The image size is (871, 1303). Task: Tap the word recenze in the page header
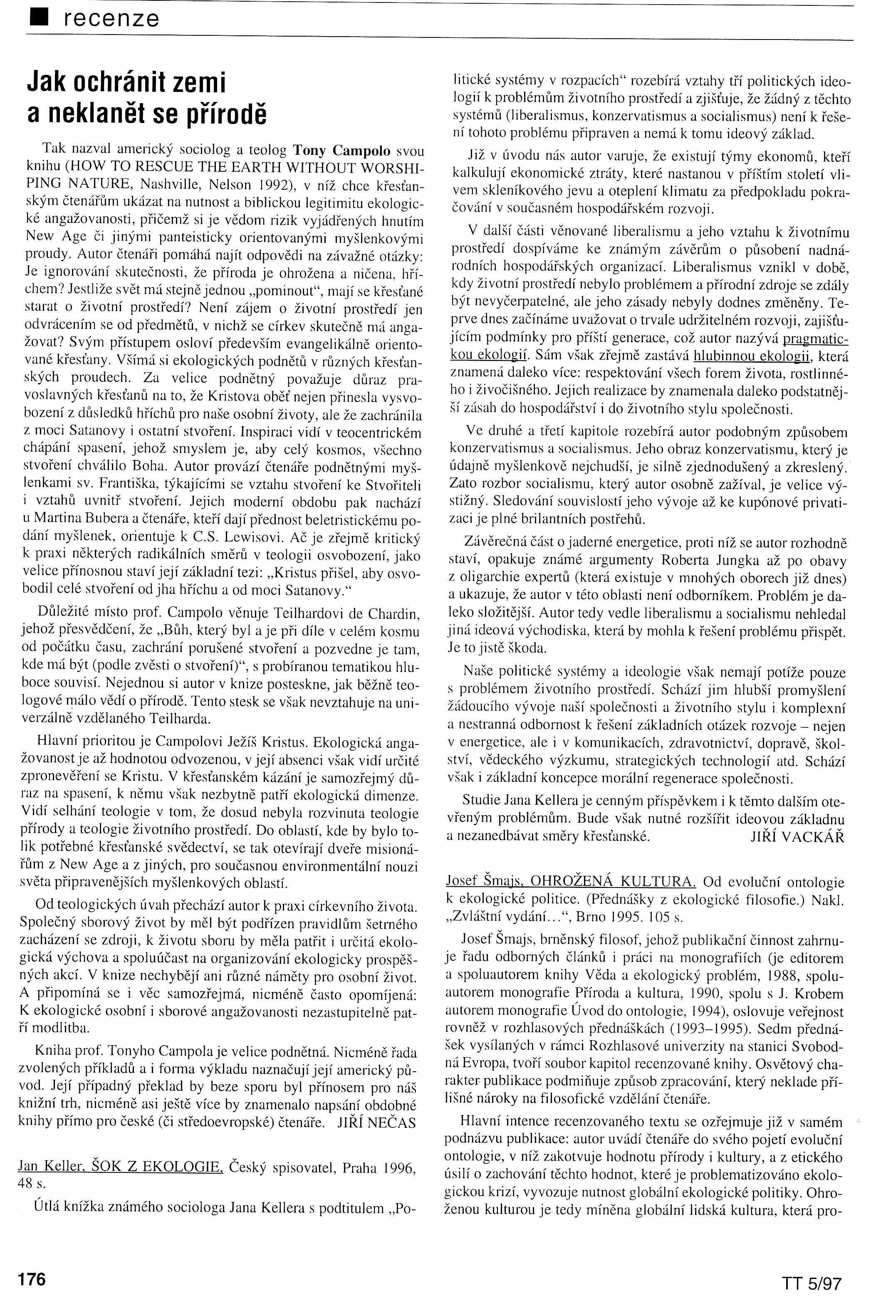coord(111,19)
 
